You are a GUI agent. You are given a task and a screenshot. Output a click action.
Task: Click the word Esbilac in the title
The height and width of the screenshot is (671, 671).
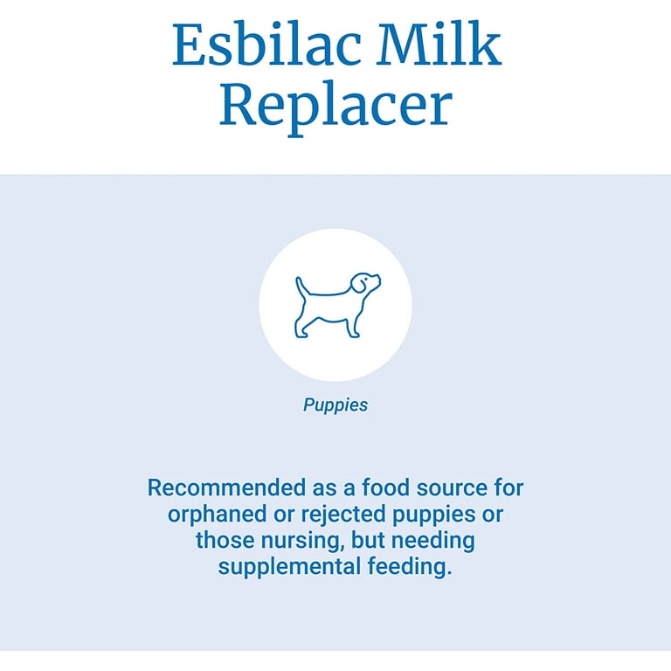(267, 44)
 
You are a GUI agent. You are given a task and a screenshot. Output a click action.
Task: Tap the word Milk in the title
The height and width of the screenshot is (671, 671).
(439, 44)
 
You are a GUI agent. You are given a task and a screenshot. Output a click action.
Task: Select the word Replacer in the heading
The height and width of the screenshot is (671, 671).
(335, 106)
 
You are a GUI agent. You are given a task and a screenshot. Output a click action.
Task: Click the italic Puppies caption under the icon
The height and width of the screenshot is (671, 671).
(335, 405)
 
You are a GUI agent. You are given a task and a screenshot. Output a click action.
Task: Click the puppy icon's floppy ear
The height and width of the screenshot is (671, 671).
(359, 284)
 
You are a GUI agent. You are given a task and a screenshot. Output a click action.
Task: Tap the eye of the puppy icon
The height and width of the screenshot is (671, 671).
(366, 280)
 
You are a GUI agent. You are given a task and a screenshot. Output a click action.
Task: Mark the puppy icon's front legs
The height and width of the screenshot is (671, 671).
(353, 326)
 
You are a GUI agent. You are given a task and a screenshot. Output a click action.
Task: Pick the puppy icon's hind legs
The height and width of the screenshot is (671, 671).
(301, 326)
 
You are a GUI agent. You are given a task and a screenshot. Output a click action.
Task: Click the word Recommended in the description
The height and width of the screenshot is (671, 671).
(227, 488)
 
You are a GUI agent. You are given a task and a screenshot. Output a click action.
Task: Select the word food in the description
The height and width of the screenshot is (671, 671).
(385, 488)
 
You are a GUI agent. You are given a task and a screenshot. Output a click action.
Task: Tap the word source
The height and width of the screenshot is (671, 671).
(453, 488)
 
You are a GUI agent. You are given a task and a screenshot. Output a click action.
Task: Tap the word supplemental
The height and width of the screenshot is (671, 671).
(290, 567)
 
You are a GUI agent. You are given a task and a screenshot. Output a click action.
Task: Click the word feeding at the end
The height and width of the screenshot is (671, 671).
(410, 567)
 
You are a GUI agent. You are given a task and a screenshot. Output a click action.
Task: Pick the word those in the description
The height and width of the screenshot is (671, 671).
(225, 541)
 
